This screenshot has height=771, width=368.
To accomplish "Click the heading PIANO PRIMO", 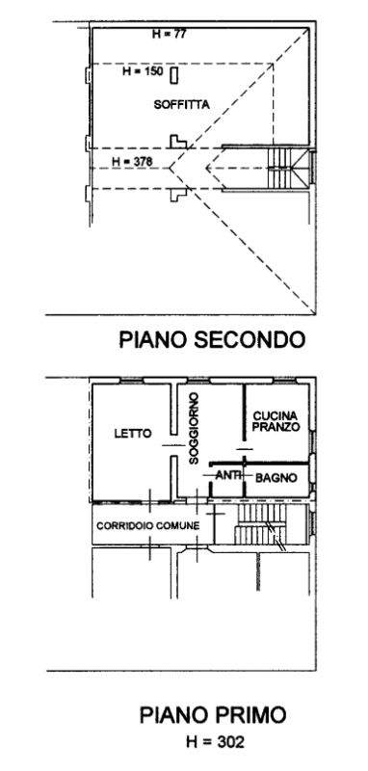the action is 213,715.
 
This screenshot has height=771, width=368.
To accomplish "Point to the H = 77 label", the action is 170,34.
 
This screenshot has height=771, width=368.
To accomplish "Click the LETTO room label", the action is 132,434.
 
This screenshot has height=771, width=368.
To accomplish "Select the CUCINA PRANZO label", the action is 277,420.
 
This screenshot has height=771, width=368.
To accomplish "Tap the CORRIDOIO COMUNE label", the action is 147,525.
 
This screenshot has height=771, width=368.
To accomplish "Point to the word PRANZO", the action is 277,426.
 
